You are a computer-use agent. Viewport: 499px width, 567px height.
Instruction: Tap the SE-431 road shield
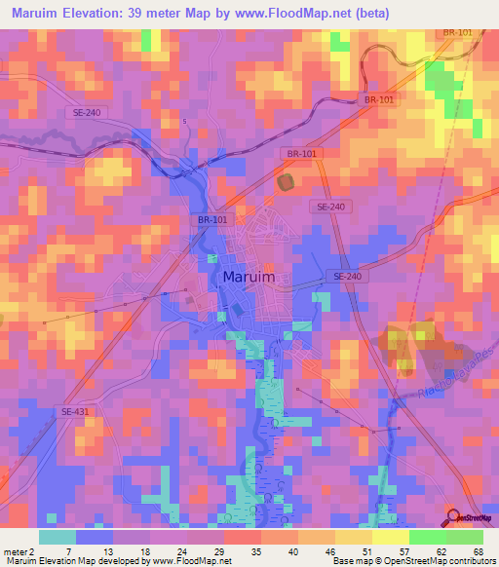pos(73,413)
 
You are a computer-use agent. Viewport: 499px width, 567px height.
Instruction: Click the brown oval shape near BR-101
pos(286,181)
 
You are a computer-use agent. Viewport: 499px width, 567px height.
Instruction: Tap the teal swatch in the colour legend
pos(58,537)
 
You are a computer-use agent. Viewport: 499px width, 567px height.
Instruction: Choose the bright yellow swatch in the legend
pos(391,537)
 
